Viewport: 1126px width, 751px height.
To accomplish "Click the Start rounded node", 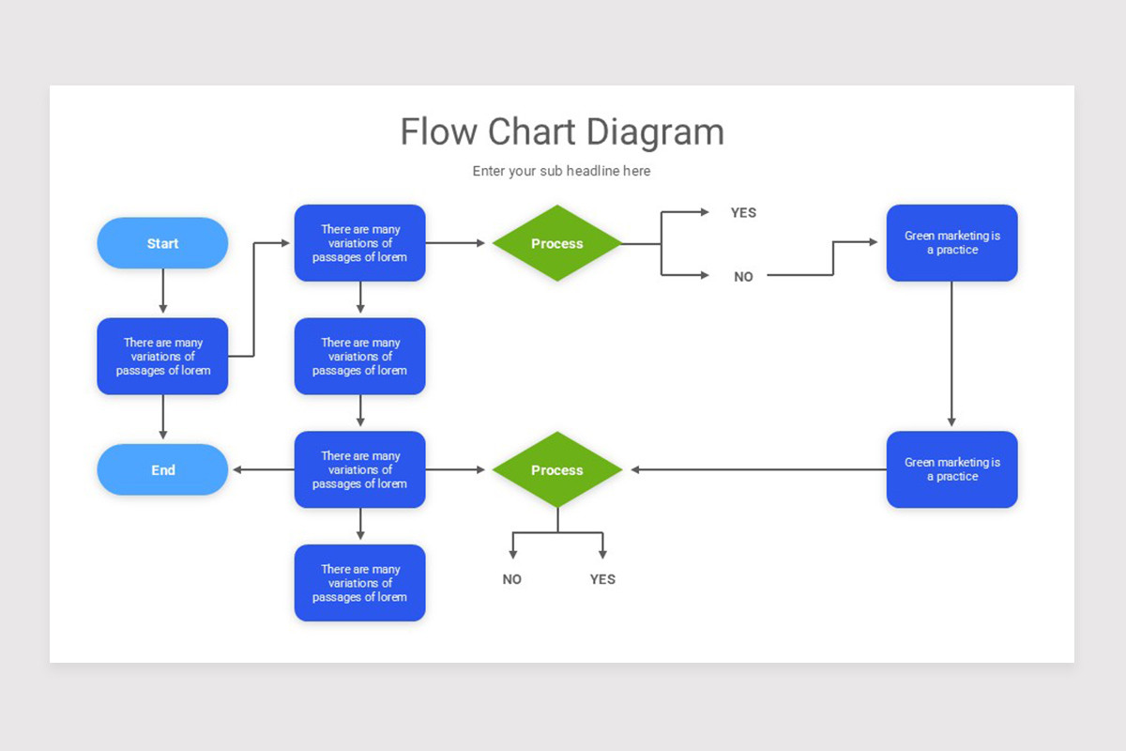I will (x=162, y=243).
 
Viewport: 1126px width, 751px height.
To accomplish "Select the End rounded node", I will (x=162, y=469).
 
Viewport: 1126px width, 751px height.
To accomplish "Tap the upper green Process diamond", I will (x=556, y=243).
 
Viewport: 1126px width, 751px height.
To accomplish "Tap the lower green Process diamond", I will (x=556, y=469).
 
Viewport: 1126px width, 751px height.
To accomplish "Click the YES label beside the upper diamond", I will (x=743, y=213).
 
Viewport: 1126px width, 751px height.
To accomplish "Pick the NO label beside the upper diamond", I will (x=743, y=277).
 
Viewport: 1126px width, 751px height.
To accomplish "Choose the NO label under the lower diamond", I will (x=511, y=579).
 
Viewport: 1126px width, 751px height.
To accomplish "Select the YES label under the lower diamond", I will (x=602, y=579).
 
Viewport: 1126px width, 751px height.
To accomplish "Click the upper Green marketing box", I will (x=951, y=243).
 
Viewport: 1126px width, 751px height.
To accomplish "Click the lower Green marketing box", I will (x=951, y=469).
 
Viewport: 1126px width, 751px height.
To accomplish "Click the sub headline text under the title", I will (x=561, y=171).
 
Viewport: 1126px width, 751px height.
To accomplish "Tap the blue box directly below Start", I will (x=162, y=356).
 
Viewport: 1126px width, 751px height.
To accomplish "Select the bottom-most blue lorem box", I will (x=359, y=583).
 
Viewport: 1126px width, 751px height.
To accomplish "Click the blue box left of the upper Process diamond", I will (x=359, y=243).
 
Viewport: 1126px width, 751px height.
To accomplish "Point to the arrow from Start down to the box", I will (x=163, y=291).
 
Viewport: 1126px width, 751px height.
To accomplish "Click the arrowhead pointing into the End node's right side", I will (x=239, y=469).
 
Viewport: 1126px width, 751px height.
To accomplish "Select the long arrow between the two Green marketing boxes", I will (x=951, y=355).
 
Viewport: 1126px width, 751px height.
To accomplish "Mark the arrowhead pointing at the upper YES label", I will (x=704, y=212).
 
